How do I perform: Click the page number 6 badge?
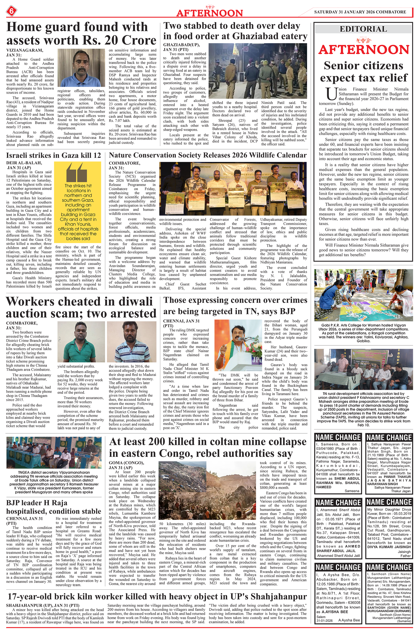click(x=11, y=11)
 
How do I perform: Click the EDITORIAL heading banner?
click(x=363, y=29)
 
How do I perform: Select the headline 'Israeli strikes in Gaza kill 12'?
click(x=54, y=155)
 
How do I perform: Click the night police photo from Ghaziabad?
click(x=258, y=71)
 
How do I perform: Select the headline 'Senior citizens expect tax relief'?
click(x=364, y=72)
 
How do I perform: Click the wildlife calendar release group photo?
click(x=233, y=189)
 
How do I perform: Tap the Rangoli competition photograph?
click(x=363, y=295)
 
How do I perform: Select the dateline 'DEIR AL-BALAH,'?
click(x=24, y=163)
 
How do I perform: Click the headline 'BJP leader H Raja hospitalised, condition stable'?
click(x=54, y=507)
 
